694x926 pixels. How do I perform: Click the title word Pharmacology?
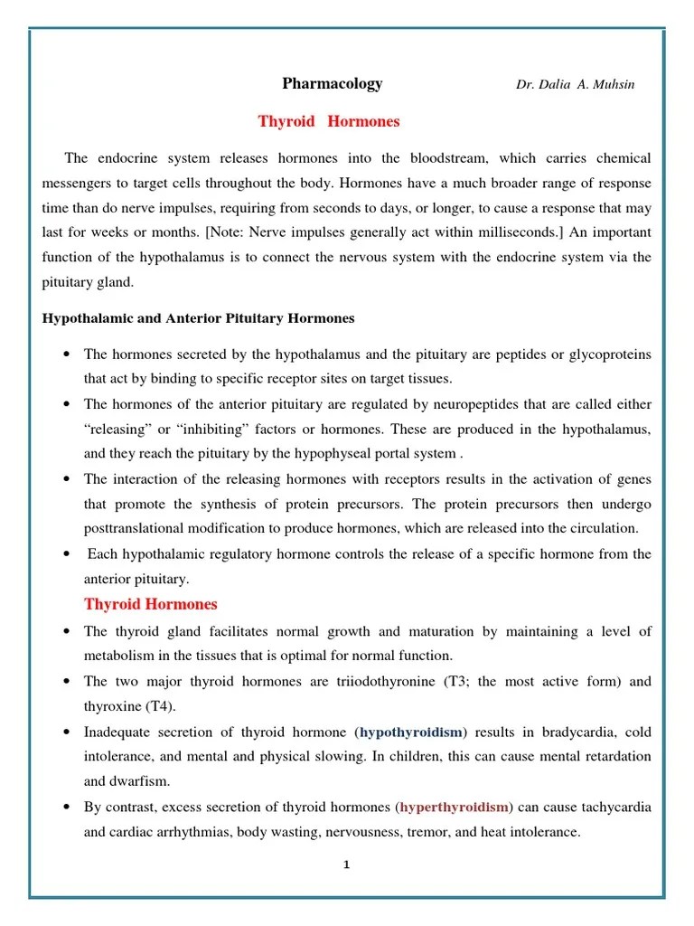[332, 84]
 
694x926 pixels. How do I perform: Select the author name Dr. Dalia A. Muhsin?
[575, 85]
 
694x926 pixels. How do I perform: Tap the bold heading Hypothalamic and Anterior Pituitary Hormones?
[199, 318]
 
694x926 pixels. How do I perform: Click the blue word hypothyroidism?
[411, 732]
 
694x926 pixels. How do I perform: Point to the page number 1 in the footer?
[346, 865]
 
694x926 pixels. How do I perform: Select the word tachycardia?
[614, 807]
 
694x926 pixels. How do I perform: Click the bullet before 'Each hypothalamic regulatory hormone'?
[68, 553]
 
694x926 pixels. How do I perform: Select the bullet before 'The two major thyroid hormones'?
[68, 682]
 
